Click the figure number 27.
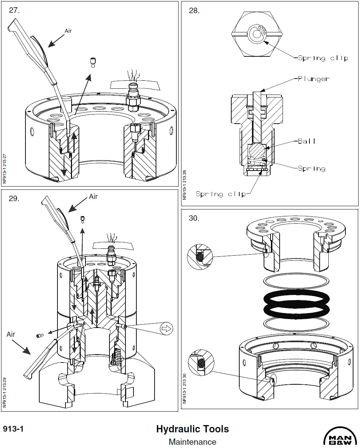[14, 11]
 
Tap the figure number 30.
[194, 219]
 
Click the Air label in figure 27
[68, 31]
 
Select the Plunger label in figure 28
[313, 79]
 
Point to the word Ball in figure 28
[307, 141]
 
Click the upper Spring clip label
[323, 58]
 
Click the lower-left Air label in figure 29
[11, 334]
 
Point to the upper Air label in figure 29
[93, 196]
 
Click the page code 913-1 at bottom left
[13, 429]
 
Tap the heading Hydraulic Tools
[192, 429]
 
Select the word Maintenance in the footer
[192, 442]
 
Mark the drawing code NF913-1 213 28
[184, 185]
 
